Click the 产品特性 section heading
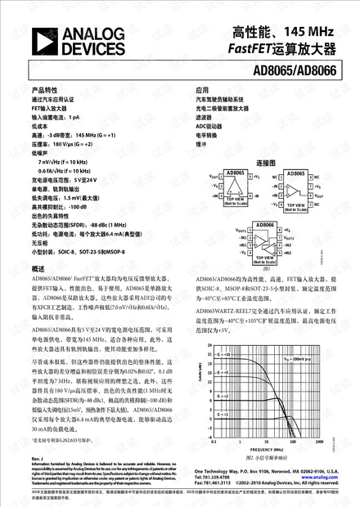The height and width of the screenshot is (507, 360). pyautogui.click(x=45, y=89)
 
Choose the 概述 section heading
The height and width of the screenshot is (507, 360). pyautogui.click(x=38, y=268)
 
